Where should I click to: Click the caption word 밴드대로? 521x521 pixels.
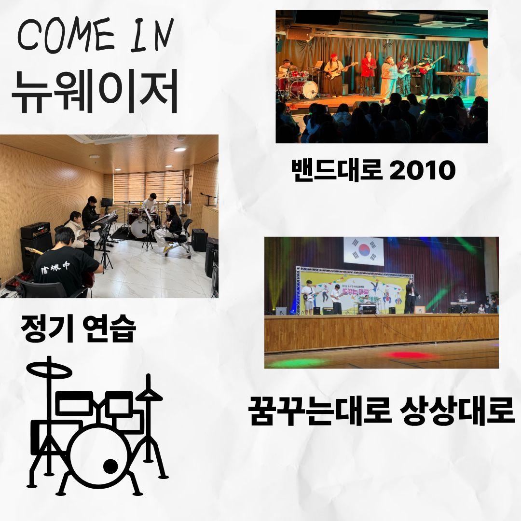pyautogui.click(x=333, y=170)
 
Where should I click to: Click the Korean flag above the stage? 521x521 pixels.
pyautogui.click(x=363, y=251)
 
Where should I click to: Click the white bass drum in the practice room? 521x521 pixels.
pyautogui.click(x=140, y=228)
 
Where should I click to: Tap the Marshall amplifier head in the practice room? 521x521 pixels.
pyautogui.click(x=36, y=230)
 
